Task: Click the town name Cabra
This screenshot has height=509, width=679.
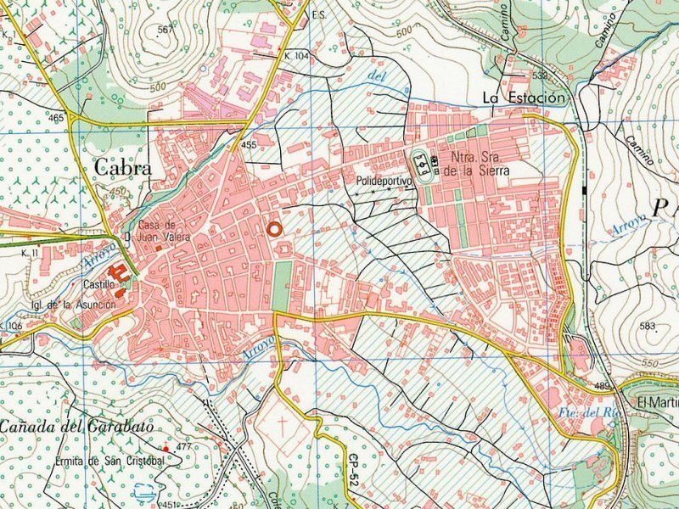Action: tap(123, 168)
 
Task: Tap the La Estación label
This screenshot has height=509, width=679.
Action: tap(523, 98)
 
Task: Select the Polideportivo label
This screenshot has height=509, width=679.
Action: tap(384, 181)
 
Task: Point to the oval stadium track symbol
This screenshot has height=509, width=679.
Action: tap(420, 160)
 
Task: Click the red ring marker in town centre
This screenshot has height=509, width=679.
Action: tap(273, 228)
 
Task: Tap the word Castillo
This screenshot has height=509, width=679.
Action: tap(98, 285)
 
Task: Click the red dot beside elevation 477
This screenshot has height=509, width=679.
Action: tap(166, 448)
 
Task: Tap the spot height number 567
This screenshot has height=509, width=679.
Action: tap(165, 30)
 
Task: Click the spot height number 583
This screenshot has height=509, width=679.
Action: tap(648, 326)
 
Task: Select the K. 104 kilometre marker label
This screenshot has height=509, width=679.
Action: tap(297, 54)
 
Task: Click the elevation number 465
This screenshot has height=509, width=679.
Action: tap(57, 118)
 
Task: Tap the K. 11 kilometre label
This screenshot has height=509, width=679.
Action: tap(31, 253)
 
